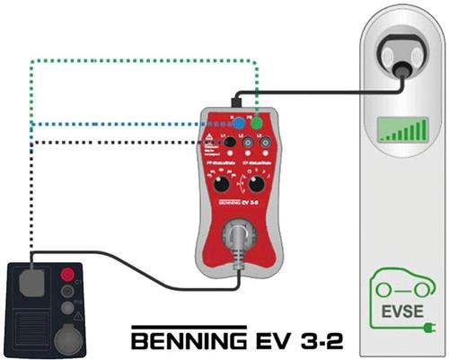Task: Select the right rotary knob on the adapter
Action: click(x=258, y=184)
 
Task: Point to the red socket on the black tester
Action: click(x=66, y=274)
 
